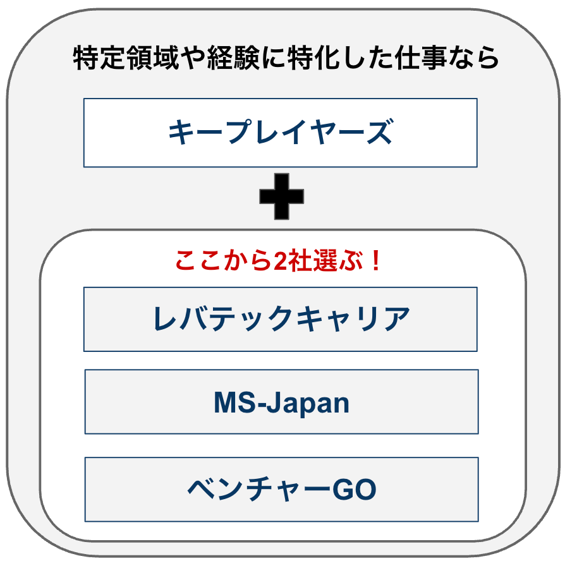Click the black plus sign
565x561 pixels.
pyautogui.click(x=281, y=196)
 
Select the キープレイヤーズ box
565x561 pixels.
pyautogui.click(x=280, y=133)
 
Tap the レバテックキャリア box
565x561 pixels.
pyautogui.click(x=280, y=319)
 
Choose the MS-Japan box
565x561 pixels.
pyautogui.click(x=281, y=402)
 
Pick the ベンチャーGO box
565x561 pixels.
pyautogui.click(x=281, y=490)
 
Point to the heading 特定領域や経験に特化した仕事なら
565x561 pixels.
pyautogui.click(x=286, y=58)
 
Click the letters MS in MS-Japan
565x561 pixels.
pyautogui.click(x=234, y=402)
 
